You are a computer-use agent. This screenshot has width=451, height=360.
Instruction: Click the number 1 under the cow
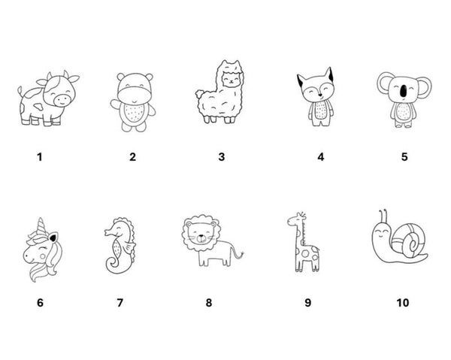40,157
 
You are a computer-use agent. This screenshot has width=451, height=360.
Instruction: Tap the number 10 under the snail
402,302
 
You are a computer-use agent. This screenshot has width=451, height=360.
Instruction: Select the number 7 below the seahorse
120,302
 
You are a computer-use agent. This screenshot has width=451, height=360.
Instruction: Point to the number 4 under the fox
321,157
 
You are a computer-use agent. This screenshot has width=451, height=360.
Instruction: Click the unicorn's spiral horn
42,226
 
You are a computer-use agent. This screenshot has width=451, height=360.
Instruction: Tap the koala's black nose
404,90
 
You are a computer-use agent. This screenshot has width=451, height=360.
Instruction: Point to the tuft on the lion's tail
240,255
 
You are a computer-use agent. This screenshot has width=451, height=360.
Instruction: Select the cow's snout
62,100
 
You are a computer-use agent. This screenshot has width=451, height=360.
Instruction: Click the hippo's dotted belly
134,113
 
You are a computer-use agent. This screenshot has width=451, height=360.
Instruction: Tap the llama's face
232,79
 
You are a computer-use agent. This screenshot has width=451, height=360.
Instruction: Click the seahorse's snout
109,231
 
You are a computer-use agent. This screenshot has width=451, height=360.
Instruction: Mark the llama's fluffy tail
200,94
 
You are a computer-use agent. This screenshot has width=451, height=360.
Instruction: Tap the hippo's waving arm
115,104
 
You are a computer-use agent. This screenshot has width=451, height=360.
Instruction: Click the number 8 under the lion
209,302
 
